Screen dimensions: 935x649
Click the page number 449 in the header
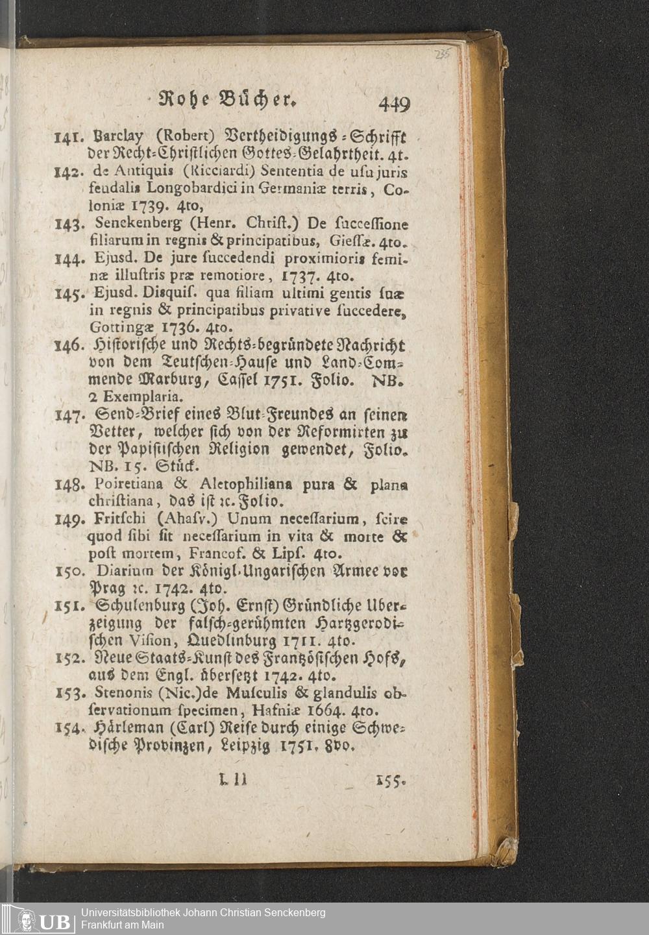point(395,104)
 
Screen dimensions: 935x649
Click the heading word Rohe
point(179,101)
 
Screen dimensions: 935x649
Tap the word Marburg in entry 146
point(166,378)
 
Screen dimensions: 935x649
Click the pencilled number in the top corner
point(443,54)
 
